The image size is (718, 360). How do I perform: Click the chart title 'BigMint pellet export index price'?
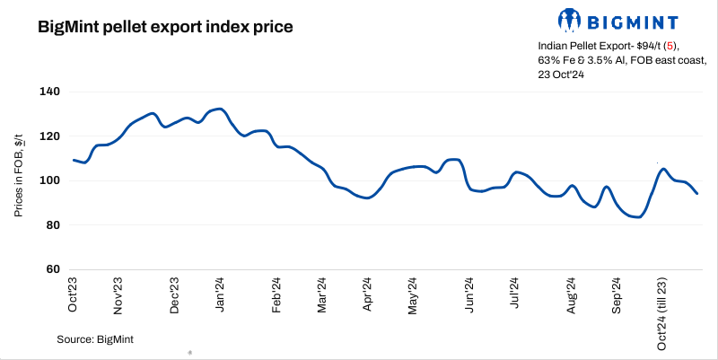click(x=165, y=27)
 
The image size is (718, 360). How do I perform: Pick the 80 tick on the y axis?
click(x=52, y=225)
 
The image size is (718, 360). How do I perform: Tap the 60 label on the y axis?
click(x=52, y=269)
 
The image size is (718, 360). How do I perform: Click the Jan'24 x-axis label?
click(x=220, y=294)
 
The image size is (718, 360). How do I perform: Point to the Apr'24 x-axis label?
click(x=367, y=294)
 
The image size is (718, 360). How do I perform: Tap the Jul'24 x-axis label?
click(x=514, y=294)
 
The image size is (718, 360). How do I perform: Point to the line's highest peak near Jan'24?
click(x=221, y=109)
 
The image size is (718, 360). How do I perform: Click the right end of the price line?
click(x=697, y=193)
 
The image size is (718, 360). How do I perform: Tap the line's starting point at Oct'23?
click(x=74, y=160)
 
